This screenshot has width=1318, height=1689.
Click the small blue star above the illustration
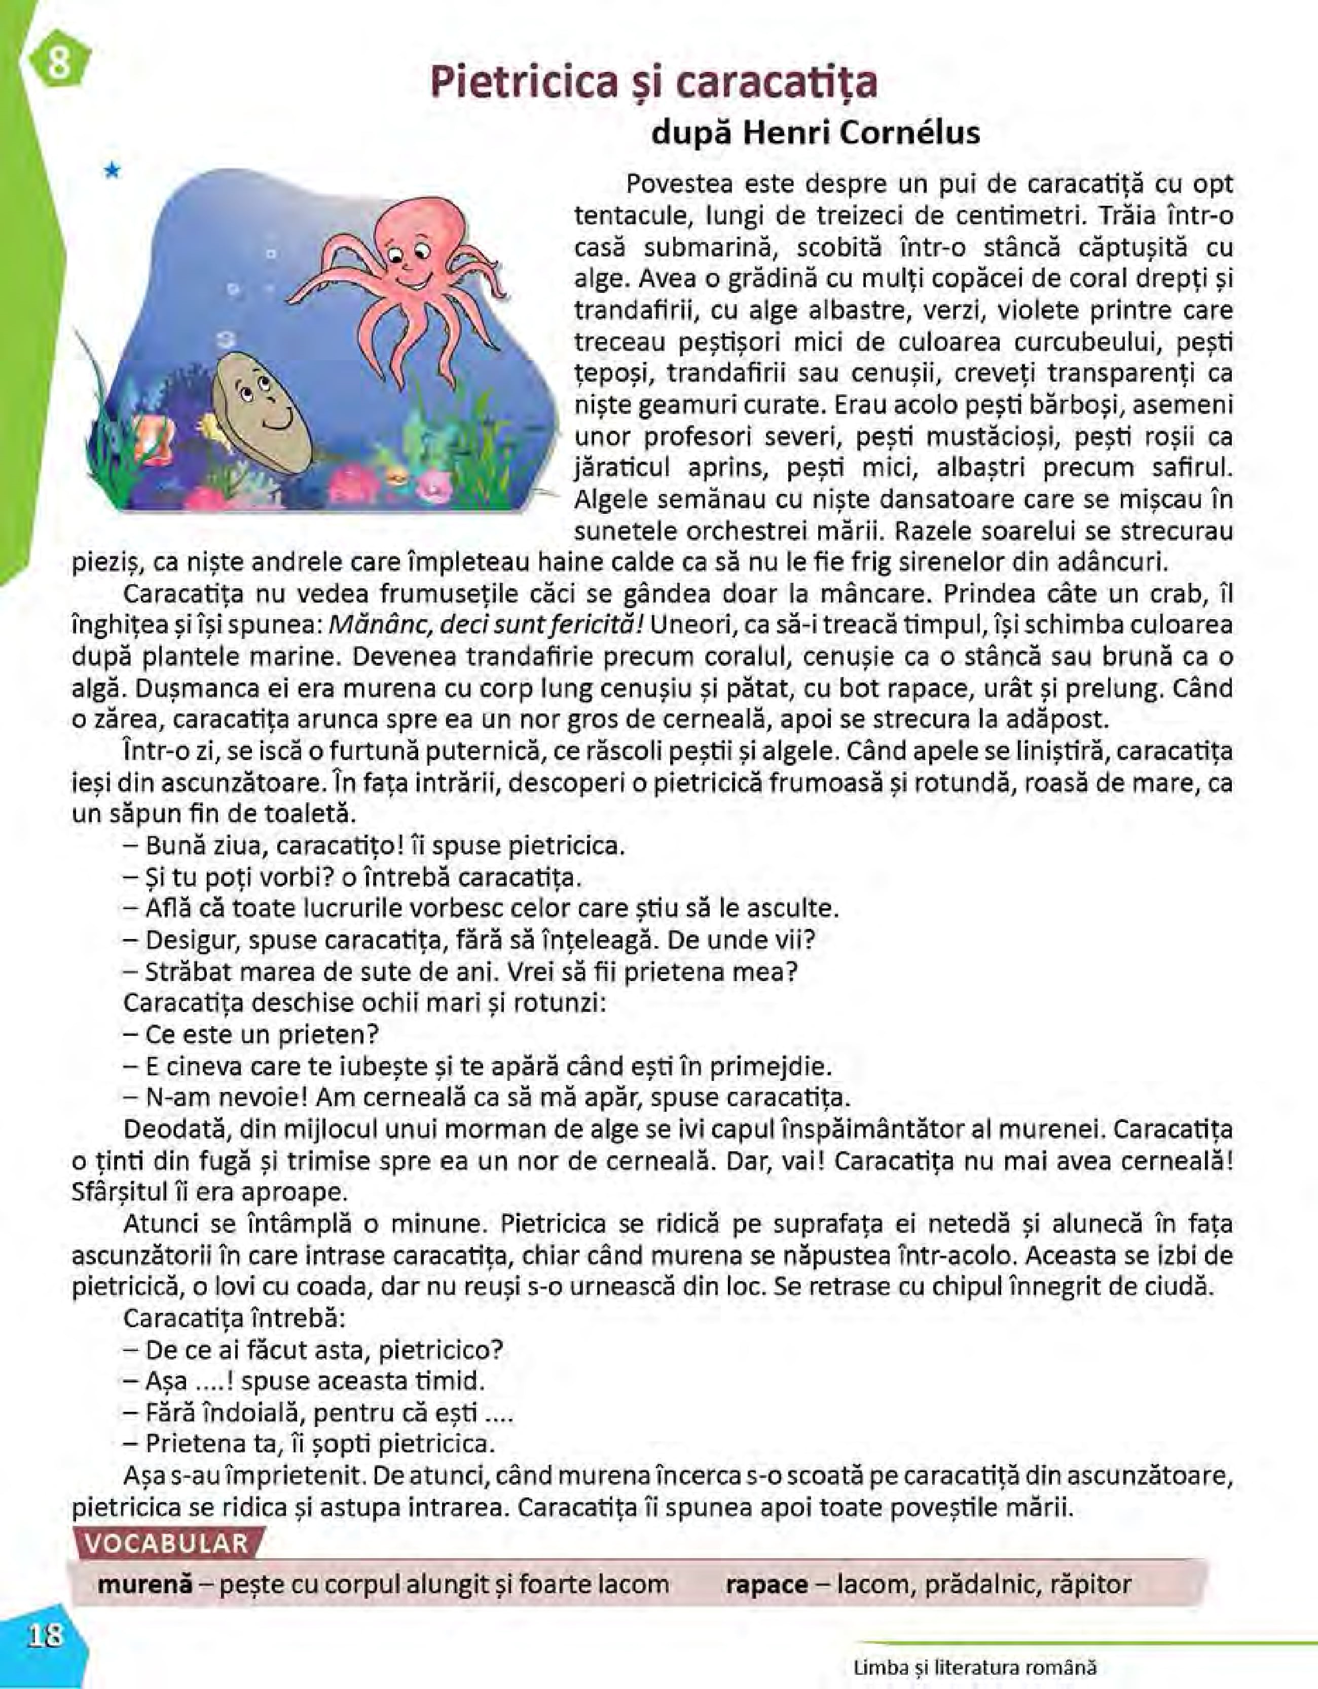tap(113, 170)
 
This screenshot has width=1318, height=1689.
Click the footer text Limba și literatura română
tap(975, 1667)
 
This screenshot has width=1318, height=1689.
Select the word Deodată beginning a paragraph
tap(175, 1129)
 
